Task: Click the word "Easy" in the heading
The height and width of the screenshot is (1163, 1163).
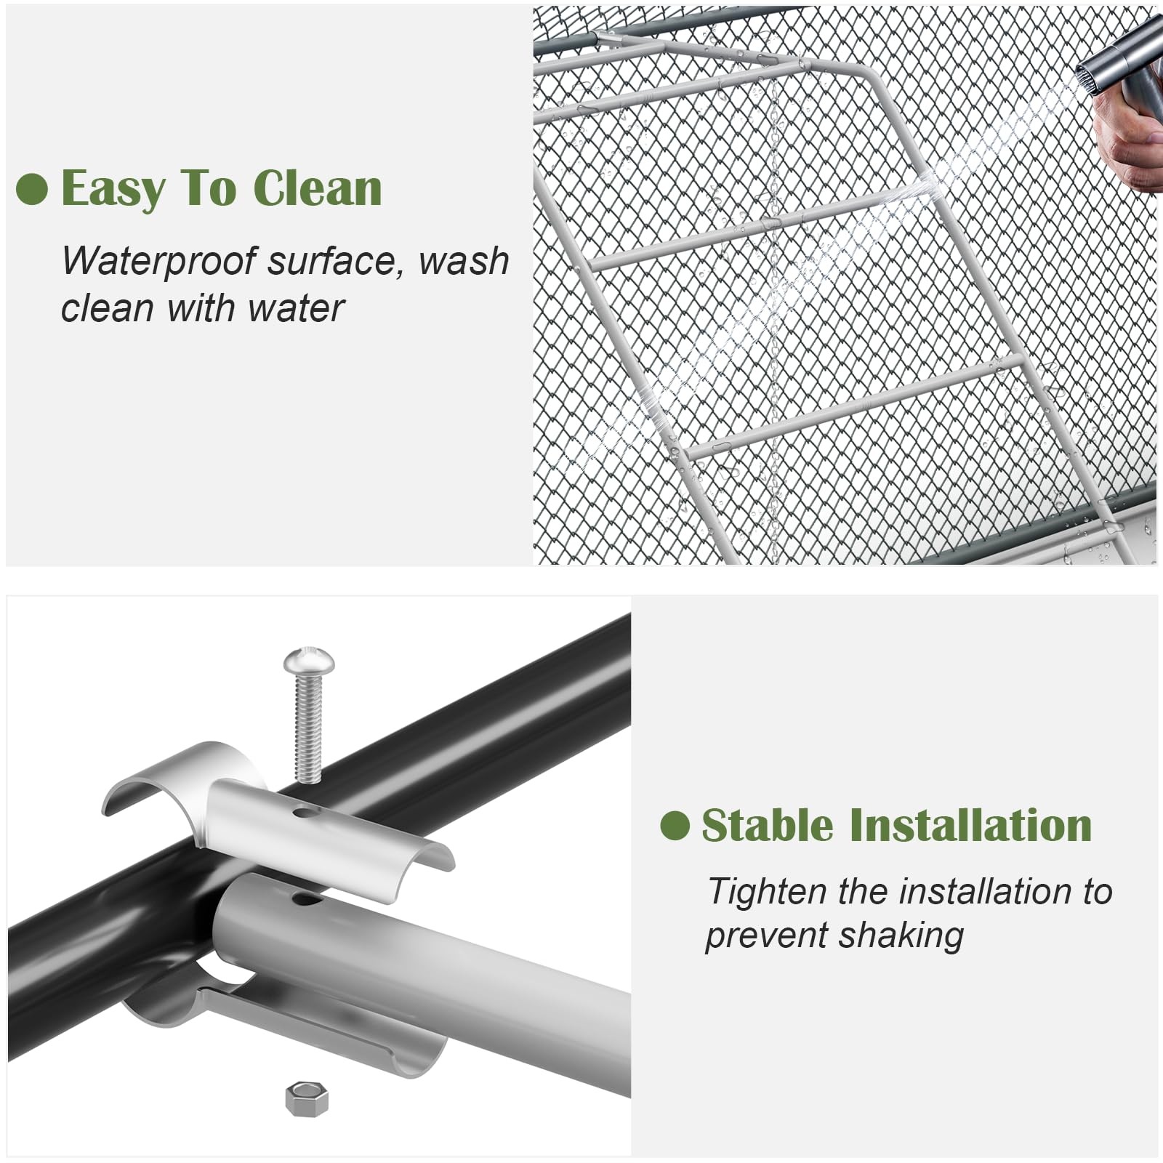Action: [x=113, y=189]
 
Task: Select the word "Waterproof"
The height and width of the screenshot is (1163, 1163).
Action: [x=159, y=262]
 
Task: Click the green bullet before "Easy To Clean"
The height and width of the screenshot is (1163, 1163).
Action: [x=31, y=190]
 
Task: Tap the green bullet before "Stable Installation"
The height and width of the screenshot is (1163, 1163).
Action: [x=675, y=826]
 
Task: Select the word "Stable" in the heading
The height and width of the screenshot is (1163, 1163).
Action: [x=767, y=825]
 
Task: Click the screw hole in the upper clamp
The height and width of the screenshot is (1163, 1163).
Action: [x=306, y=810]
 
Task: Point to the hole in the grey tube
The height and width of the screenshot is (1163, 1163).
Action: [x=307, y=901]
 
